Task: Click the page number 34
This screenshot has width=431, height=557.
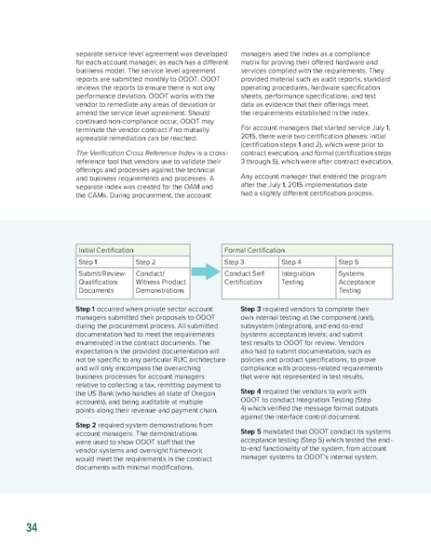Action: click(32, 527)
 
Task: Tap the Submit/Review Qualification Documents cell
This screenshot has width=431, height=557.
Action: click(103, 283)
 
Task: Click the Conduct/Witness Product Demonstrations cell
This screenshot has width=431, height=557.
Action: click(160, 283)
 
